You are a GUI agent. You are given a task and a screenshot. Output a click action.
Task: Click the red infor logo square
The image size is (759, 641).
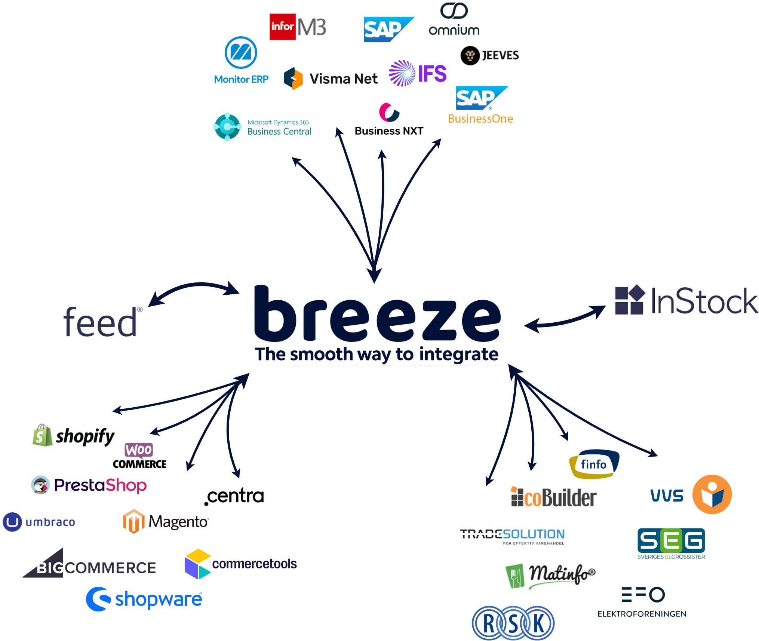point(283,26)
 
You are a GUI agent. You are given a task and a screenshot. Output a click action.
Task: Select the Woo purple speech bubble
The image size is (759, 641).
point(139,450)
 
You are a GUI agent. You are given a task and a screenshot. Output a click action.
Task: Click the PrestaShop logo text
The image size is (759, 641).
point(100,485)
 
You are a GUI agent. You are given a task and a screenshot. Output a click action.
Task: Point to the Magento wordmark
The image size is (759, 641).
point(179,521)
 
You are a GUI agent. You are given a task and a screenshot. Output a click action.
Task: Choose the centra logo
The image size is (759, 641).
point(235,496)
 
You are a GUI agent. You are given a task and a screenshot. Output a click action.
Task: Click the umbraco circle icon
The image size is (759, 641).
point(12,522)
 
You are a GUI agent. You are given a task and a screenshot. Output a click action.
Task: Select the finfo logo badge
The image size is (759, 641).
point(594,464)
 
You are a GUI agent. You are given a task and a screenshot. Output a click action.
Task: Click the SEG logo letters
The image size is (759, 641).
point(671,540)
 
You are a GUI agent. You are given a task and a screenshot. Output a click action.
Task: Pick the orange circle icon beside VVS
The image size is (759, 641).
point(712,494)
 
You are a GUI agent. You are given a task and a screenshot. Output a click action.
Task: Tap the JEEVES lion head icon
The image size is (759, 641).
point(469,56)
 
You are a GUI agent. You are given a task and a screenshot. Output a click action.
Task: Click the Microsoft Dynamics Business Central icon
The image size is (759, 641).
point(227,126)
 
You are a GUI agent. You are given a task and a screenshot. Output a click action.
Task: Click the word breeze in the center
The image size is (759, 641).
point(377,314)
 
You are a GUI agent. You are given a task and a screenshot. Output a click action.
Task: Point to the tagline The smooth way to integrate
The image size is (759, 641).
point(376,354)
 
